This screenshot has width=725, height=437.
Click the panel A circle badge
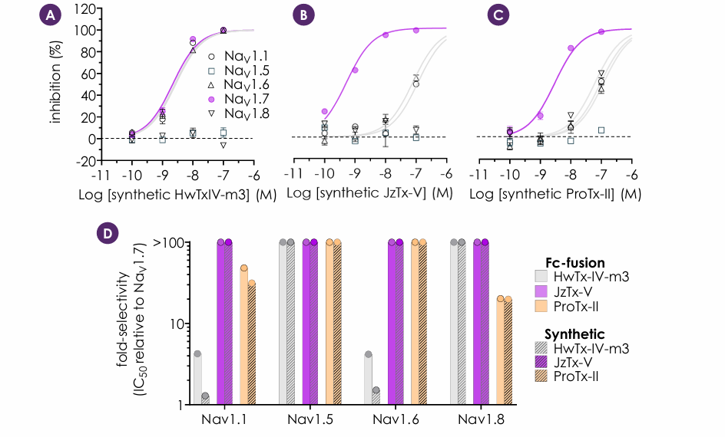[x=50, y=15]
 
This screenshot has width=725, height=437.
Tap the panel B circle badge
[x=303, y=15]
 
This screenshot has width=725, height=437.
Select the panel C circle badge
[x=498, y=15]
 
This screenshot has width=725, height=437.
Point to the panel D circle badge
[x=108, y=233]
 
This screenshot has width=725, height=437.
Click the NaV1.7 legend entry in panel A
[x=239, y=99]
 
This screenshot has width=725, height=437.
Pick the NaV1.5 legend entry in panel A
[x=239, y=71]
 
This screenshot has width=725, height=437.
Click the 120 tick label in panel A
[x=85, y=8]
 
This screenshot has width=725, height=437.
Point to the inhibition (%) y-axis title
[x=55, y=83]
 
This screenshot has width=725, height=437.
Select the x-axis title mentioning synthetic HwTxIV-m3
[x=177, y=195]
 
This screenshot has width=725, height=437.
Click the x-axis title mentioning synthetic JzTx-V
[x=369, y=193]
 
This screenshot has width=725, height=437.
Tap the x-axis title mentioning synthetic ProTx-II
[x=555, y=194]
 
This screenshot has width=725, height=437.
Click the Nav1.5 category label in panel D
[x=310, y=419]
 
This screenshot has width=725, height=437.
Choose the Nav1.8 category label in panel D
[x=481, y=419]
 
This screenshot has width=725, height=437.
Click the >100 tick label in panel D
[x=168, y=242]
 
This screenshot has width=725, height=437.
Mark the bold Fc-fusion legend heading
[x=574, y=262]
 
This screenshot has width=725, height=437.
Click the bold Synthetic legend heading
[x=574, y=334]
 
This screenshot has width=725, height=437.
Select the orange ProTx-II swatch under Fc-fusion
[x=541, y=306]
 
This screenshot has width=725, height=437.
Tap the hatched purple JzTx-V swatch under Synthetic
[x=541, y=362]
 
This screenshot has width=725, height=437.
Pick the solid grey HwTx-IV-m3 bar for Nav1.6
[x=369, y=379]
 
